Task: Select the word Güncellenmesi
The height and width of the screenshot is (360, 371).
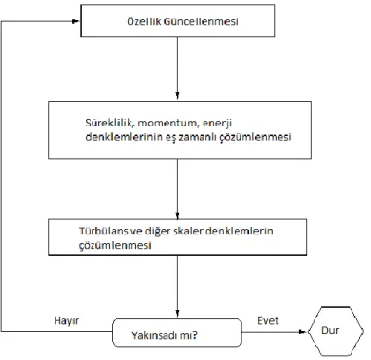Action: coord(201,21)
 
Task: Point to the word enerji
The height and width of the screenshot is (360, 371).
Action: coord(217,124)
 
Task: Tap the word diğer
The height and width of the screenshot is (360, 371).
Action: coord(159,232)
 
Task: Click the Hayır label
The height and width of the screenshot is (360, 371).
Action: coord(66,321)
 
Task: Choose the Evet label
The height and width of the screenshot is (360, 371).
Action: coord(268,321)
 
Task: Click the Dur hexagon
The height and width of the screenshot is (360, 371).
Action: coord(336,332)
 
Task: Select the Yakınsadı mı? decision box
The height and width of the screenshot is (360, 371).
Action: coord(177,333)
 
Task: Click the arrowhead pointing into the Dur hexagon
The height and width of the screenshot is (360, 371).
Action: coord(303,332)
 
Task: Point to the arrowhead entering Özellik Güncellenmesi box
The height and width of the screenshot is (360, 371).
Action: coord(76,21)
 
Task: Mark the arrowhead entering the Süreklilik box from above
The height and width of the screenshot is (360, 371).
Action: coord(177,97)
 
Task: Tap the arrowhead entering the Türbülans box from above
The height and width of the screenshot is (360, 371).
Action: coord(177,215)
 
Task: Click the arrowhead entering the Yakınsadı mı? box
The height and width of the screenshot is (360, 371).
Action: coord(177,314)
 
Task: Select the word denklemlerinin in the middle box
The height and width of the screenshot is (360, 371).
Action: coord(124,137)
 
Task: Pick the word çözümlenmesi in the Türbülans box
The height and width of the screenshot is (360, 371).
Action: coord(115,245)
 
